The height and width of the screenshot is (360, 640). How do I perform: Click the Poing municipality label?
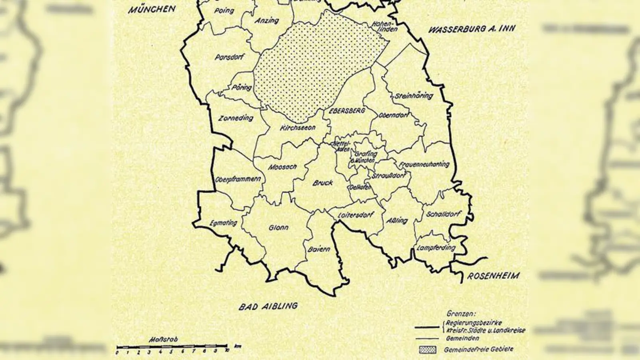[224, 11]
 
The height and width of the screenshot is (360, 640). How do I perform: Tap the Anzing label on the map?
[267, 20]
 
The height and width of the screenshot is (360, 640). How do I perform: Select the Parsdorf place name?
[229, 57]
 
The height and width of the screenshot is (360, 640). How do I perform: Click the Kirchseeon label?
[298, 128]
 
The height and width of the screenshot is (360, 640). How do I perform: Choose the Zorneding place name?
[236, 118]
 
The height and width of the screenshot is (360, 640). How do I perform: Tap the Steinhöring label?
[414, 96]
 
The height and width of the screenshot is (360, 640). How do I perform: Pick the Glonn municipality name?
[278, 228]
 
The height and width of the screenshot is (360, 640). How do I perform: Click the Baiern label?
[319, 249]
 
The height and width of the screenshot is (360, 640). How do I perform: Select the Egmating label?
[223, 223]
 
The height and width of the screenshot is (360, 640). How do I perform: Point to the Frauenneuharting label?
[424, 164]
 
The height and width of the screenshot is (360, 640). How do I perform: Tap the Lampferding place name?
[436, 248]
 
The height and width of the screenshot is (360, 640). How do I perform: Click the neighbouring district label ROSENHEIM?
[494, 276]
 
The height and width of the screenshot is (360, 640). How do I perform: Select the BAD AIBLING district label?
[268, 306]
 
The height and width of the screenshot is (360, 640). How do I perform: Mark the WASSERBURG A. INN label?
[472, 29]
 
